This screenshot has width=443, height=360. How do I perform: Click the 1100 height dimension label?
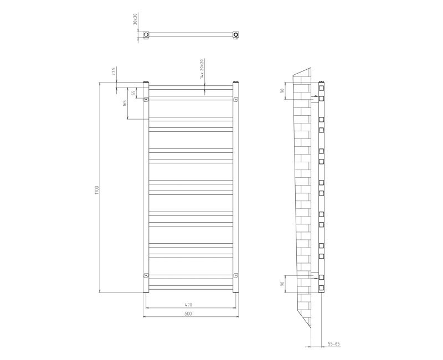[x=96, y=189]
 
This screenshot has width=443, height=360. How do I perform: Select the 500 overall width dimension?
[x=188, y=313]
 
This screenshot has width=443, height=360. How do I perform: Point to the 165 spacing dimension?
[x=126, y=102]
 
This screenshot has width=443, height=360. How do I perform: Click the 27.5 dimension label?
[x=114, y=72]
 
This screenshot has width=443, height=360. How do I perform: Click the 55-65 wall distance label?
[x=333, y=344]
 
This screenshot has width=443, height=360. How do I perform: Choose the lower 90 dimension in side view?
[x=282, y=284]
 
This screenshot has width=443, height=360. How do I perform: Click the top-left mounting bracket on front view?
[x=146, y=100]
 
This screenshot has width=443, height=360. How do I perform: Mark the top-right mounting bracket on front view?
[x=236, y=100]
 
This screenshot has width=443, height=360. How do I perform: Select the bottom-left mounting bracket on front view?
[x=146, y=275]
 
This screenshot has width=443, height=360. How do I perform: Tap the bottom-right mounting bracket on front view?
[x=236, y=275]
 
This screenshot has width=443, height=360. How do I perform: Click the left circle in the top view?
[x=146, y=35]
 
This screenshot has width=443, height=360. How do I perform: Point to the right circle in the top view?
[x=236, y=35]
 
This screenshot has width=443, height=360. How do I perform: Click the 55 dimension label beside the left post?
[x=133, y=92]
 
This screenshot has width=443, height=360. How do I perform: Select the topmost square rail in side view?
[x=321, y=88]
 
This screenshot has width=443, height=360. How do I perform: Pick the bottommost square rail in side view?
[x=321, y=287]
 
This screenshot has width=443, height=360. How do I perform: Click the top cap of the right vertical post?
[x=236, y=83]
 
